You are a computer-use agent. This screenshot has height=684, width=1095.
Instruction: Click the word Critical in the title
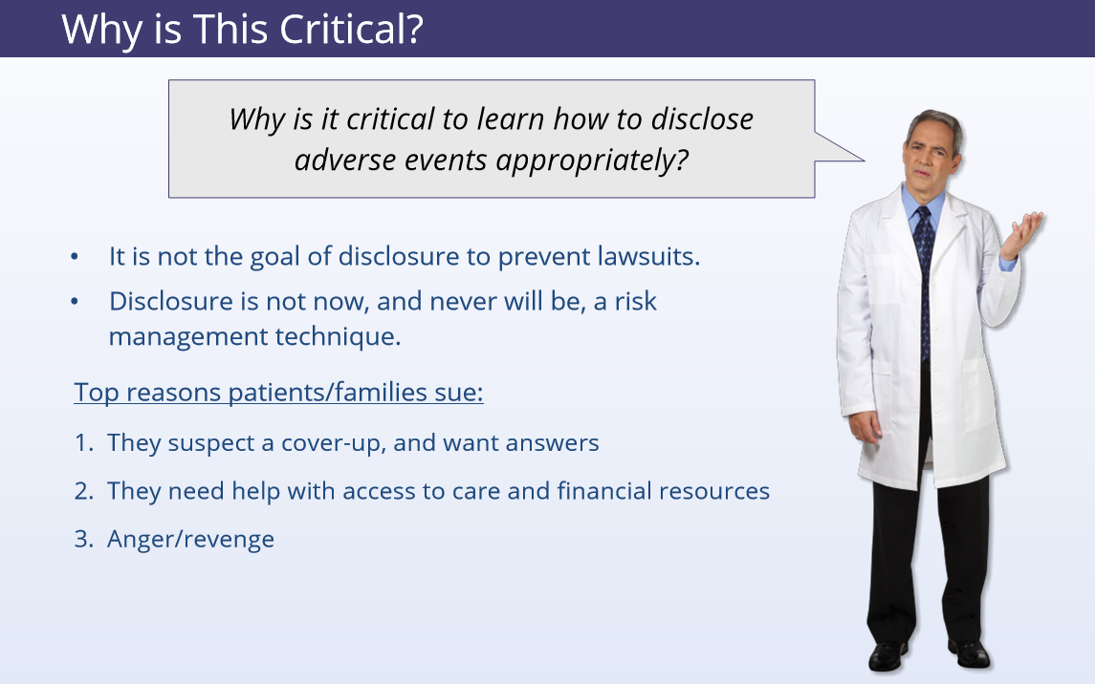coord(351,30)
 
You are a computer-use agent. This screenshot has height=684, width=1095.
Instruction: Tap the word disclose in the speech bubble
coord(702,119)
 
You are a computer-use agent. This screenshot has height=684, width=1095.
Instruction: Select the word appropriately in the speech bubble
coord(592,161)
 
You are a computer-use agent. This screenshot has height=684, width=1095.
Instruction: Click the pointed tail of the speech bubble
coord(864,160)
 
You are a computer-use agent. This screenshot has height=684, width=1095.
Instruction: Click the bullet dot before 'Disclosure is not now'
coord(75,301)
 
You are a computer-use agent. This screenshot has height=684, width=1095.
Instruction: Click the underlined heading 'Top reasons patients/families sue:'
coord(278,392)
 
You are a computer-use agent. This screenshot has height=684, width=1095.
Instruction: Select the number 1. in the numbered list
coord(84,442)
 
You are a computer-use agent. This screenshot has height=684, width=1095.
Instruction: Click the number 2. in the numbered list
coord(84,491)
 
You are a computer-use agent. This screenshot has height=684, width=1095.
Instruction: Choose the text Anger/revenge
coord(190,540)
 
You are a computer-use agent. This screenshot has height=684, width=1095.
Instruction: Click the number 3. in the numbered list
coord(84,539)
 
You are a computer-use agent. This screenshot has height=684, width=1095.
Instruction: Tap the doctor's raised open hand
coord(1022,234)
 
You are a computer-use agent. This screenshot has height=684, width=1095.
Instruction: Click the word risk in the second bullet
coord(636,301)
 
